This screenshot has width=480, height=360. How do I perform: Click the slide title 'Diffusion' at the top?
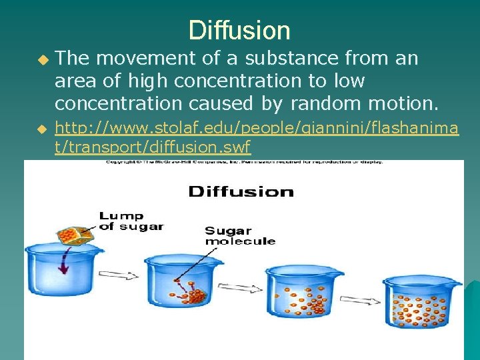point(239,31)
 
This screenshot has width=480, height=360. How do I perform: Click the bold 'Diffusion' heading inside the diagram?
point(241,192)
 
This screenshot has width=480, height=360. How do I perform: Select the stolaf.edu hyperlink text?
point(256,137)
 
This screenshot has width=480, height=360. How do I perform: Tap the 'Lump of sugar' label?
point(131,221)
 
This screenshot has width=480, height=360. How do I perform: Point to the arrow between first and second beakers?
point(118,275)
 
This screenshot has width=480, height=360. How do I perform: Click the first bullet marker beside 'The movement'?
point(43,60)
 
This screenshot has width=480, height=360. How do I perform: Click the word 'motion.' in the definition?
point(402,104)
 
